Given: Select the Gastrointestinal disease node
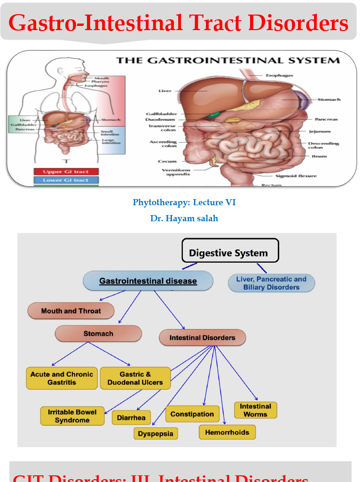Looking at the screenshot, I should tap(148, 281).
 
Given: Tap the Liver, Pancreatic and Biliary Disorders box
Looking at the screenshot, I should tap(271, 283).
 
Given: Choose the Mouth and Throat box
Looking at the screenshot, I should tap(71, 311).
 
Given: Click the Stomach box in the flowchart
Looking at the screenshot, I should tap(98, 333).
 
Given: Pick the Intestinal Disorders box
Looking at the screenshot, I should tap(202, 337).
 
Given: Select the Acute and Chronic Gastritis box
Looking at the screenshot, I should tap(62, 378).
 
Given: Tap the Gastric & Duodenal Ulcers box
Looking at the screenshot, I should tap(135, 378).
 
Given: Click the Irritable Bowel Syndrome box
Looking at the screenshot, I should tap(72, 416).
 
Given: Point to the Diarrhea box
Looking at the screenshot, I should tap(132, 418).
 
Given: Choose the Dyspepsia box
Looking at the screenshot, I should tap(156, 434).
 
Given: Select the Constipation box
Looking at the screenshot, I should tap(192, 414).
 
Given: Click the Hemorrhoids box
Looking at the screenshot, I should tap(227, 432).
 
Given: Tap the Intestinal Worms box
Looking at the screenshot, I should tap(255, 410).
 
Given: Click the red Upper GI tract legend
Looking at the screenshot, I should tap(66, 172).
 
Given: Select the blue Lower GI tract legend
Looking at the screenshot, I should tap(66, 180).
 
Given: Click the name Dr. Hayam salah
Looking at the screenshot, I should tap(184, 218).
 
